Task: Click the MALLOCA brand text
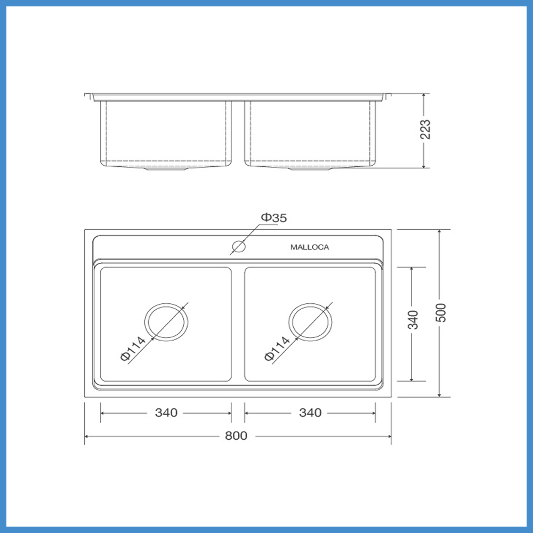[x=310, y=247]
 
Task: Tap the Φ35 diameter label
[x=274, y=217]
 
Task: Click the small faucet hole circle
[x=238, y=247]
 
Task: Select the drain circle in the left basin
[x=166, y=322]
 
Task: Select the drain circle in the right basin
[x=310, y=322]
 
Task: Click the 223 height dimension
[x=426, y=130]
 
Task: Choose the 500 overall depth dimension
[x=440, y=313]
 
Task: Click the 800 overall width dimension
[x=236, y=436]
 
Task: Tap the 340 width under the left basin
[x=166, y=413]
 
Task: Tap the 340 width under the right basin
[x=310, y=413]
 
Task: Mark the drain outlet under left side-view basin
[x=166, y=169]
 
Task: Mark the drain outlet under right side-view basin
[x=310, y=169]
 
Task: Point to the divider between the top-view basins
[x=238, y=324]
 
